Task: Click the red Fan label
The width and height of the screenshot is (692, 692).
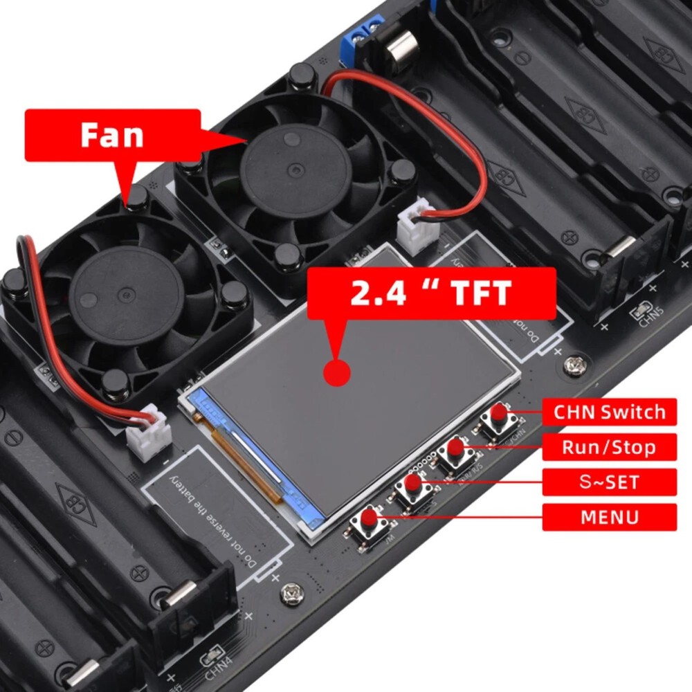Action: (113, 135)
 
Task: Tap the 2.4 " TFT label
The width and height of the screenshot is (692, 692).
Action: (430, 293)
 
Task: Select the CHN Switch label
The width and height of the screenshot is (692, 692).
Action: (609, 412)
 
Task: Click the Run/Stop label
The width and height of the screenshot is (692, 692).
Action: (609, 447)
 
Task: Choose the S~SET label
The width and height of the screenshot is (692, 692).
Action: (609, 482)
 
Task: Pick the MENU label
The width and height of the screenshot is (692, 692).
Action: (609, 517)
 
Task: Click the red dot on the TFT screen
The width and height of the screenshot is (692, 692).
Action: (337, 372)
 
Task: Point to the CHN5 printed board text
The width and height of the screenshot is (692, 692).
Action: (651, 318)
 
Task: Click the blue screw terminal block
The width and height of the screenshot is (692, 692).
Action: (362, 35)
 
